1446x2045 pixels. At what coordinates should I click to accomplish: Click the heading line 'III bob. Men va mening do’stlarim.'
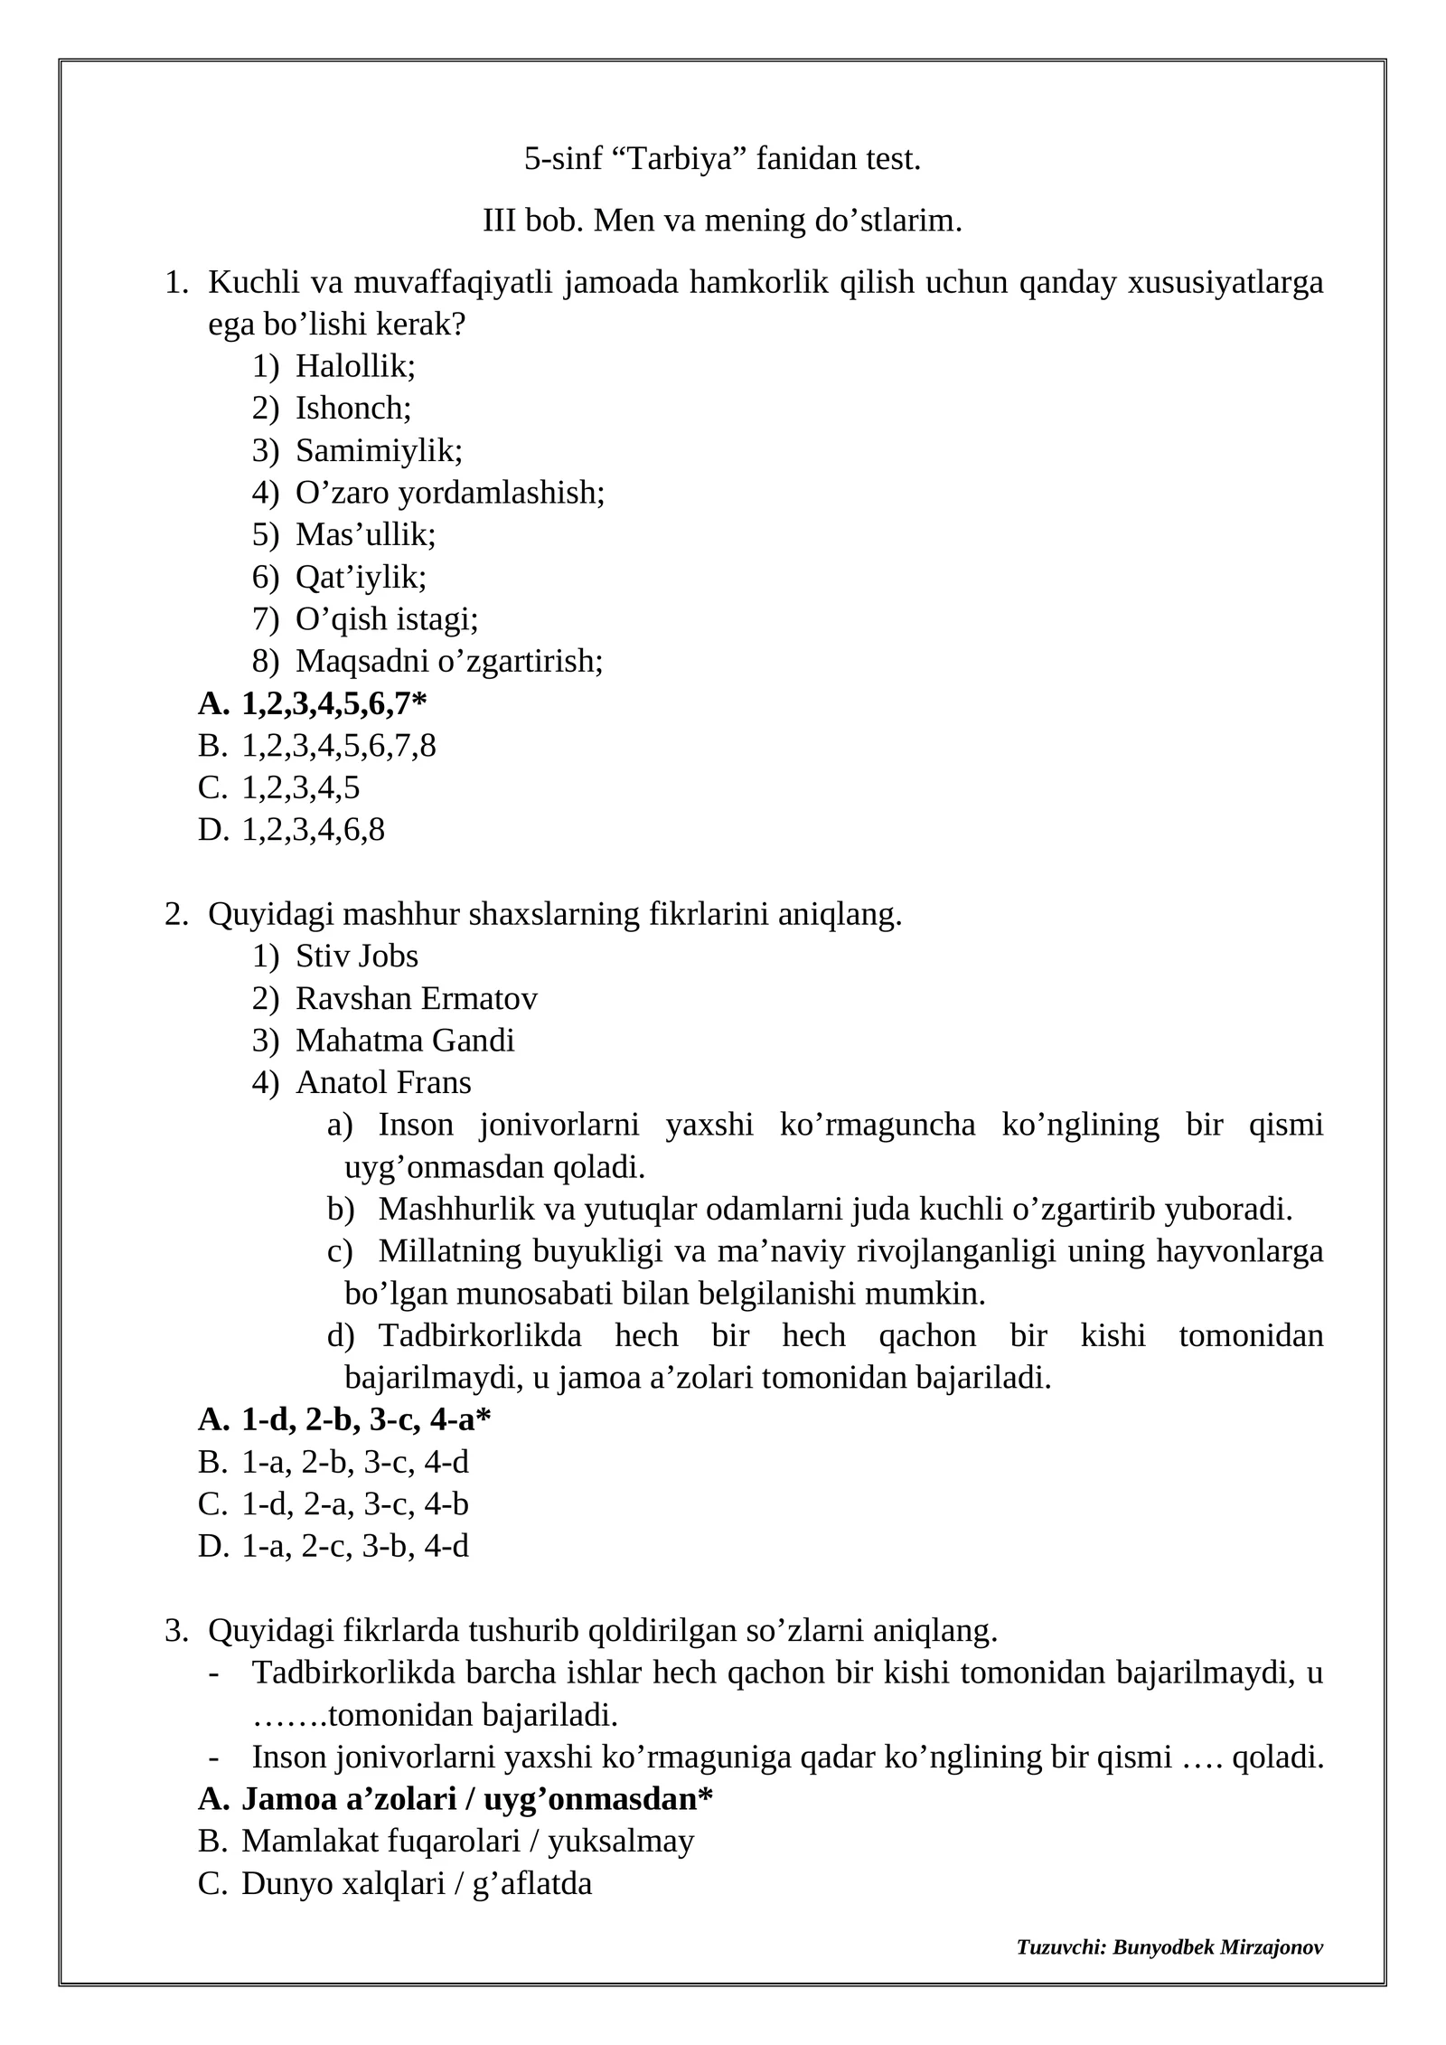click(722, 220)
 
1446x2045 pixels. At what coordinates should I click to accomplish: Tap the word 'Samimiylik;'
click(379, 450)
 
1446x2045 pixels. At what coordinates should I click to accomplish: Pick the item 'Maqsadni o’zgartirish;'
click(449, 661)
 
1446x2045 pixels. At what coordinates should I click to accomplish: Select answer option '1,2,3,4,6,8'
click(313, 829)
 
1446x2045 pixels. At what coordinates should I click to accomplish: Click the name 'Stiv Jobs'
click(357, 956)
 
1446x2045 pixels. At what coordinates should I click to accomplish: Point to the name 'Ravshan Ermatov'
click(416, 998)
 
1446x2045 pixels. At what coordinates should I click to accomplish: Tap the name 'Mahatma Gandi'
click(405, 1040)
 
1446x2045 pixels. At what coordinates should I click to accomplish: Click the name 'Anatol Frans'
click(383, 1082)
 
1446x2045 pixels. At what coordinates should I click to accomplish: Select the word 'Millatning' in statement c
click(437, 1251)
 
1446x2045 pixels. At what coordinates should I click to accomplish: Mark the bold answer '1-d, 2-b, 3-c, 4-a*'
click(365, 1420)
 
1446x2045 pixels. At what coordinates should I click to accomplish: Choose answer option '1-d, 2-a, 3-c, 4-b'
click(354, 1504)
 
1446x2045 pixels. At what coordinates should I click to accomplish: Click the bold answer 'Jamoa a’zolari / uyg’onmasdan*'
click(476, 1799)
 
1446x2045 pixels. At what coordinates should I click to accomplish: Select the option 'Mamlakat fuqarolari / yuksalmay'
click(467, 1840)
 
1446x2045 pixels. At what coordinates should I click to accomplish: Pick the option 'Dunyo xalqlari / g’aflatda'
click(416, 1883)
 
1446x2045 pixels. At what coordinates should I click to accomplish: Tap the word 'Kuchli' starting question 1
click(253, 282)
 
